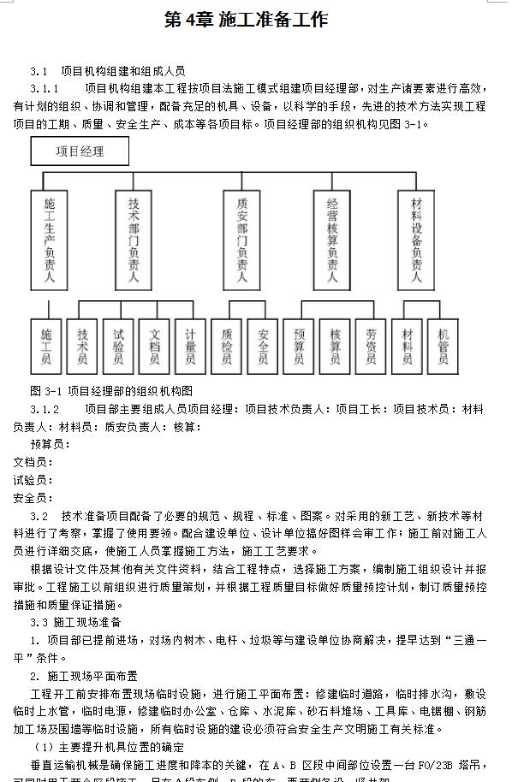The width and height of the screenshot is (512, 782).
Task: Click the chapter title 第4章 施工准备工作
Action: click(x=246, y=20)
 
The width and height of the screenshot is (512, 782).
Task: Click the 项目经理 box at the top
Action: click(x=80, y=151)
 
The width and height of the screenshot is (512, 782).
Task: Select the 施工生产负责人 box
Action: click(x=50, y=240)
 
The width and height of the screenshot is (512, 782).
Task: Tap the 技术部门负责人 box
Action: click(x=134, y=240)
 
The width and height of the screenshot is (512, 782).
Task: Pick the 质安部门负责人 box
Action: click(x=242, y=240)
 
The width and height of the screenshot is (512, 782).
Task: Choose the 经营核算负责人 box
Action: click(x=332, y=240)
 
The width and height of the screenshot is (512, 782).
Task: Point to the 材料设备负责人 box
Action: click(x=417, y=240)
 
